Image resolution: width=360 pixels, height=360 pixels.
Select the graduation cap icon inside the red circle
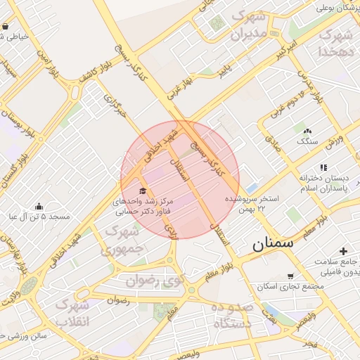pos(144,191)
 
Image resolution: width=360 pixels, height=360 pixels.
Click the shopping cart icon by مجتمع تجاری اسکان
pos(290,276)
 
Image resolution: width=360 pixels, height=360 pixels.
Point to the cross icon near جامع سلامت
pos(343,252)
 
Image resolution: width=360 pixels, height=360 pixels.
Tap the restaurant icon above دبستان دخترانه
pos(323,167)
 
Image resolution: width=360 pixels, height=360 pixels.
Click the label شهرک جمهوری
pos(124,239)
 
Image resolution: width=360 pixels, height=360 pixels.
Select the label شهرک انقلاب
pos(73,314)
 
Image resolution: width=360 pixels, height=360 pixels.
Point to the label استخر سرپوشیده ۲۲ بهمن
pos(252,205)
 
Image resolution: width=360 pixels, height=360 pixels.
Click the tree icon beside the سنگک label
pos(307,131)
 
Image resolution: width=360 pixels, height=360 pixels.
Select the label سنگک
pos(307,141)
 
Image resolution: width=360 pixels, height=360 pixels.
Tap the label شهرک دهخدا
pos(335,43)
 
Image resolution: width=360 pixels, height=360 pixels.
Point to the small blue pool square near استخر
pos(252,188)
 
